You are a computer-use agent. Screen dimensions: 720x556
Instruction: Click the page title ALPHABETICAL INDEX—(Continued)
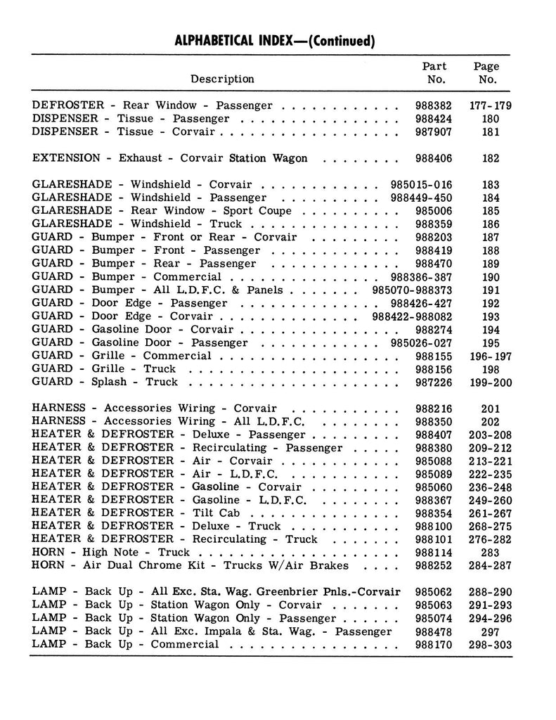[274, 40]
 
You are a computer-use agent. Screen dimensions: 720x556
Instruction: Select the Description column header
[222, 79]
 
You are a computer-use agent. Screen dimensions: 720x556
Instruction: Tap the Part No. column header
[434, 72]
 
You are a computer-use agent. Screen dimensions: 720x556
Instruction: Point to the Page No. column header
[486, 72]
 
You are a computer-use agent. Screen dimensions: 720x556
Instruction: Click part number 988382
[434, 105]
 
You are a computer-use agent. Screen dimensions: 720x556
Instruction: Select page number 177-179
[491, 105]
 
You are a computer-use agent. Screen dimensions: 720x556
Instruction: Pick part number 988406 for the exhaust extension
[434, 158]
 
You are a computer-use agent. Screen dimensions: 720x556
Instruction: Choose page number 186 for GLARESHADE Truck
[491, 224]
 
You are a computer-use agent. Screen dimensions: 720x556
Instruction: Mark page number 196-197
[491, 356]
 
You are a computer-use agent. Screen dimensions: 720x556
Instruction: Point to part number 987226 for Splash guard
[434, 382]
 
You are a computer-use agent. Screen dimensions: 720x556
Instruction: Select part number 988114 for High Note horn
[434, 553]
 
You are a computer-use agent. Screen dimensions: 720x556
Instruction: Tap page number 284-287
[491, 566]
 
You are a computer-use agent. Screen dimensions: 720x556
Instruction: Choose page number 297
[491, 631]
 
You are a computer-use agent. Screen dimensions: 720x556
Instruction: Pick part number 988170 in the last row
[434, 645]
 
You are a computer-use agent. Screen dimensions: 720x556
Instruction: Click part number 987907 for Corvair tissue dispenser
[434, 131]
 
